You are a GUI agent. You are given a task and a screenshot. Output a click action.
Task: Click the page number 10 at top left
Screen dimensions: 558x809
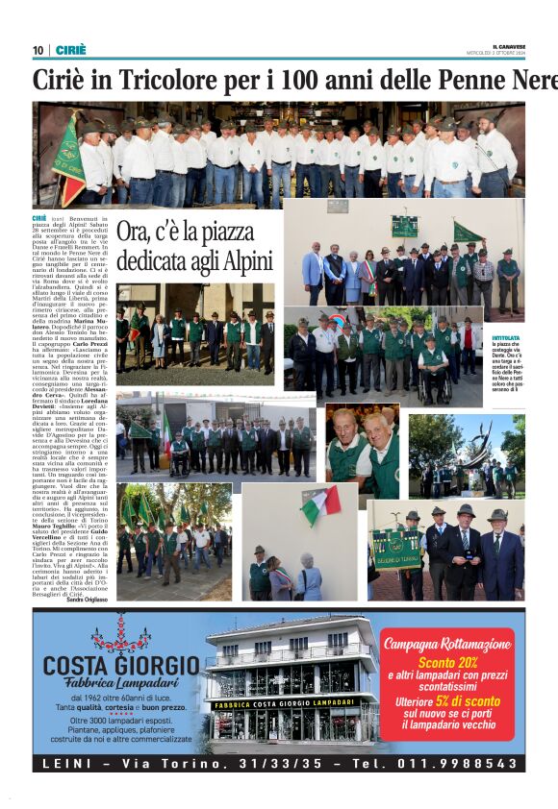(x=38, y=50)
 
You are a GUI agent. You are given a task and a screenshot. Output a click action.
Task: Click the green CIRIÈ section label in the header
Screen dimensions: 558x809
(x=70, y=50)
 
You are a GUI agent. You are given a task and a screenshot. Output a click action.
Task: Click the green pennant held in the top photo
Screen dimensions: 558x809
(x=68, y=154)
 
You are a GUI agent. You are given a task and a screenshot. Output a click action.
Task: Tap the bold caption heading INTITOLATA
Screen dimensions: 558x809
(x=505, y=338)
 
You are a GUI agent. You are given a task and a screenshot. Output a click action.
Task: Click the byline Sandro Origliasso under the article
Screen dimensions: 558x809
(x=88, y=600)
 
